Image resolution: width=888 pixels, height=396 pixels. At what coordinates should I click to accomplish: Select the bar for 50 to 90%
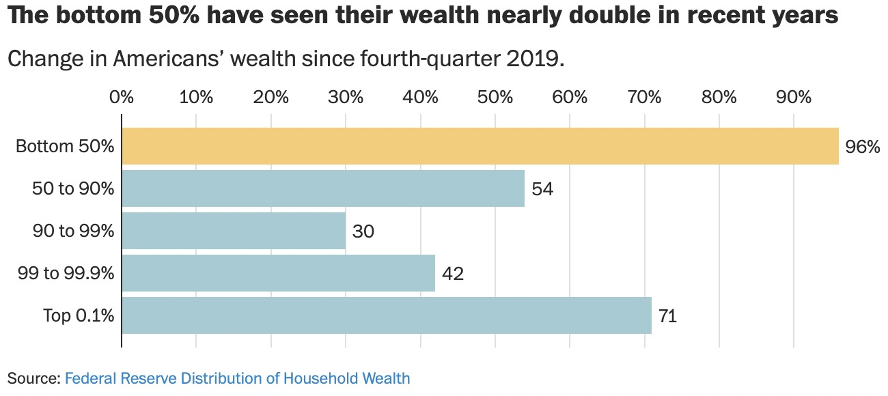[x=323, y=188]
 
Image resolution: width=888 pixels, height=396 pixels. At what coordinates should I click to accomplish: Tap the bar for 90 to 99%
[x=234, y=231]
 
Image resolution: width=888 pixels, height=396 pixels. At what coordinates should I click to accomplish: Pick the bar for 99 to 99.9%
[x=279, y=273]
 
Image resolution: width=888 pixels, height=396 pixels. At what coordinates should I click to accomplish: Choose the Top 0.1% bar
[x=387, y=315]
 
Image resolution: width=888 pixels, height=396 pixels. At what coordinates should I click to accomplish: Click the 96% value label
[x=863, y=147]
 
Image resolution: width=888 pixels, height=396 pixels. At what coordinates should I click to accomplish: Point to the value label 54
[x=542, y=189]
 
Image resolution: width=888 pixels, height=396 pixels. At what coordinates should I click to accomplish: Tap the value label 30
[x=363, y=231]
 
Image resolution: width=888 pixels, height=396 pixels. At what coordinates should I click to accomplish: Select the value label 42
[x=453, y=274]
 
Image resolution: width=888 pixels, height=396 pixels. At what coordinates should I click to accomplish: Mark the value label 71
[x=667, y=316]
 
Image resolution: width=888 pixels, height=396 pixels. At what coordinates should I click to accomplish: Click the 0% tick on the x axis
[x=122, y=97]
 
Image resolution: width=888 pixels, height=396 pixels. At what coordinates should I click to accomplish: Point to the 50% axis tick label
[x=495, y=97]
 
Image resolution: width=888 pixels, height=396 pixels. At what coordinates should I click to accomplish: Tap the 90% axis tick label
[x=794, y=97]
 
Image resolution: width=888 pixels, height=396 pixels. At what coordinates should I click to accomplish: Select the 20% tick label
[x=271, y=97]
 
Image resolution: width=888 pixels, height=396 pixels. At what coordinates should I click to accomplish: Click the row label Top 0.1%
[x=79, y=316]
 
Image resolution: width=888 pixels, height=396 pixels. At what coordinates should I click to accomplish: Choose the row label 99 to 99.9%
[x=66, y=274]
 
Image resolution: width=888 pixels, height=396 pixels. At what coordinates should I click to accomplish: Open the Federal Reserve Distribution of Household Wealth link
[x=238, y=378]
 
